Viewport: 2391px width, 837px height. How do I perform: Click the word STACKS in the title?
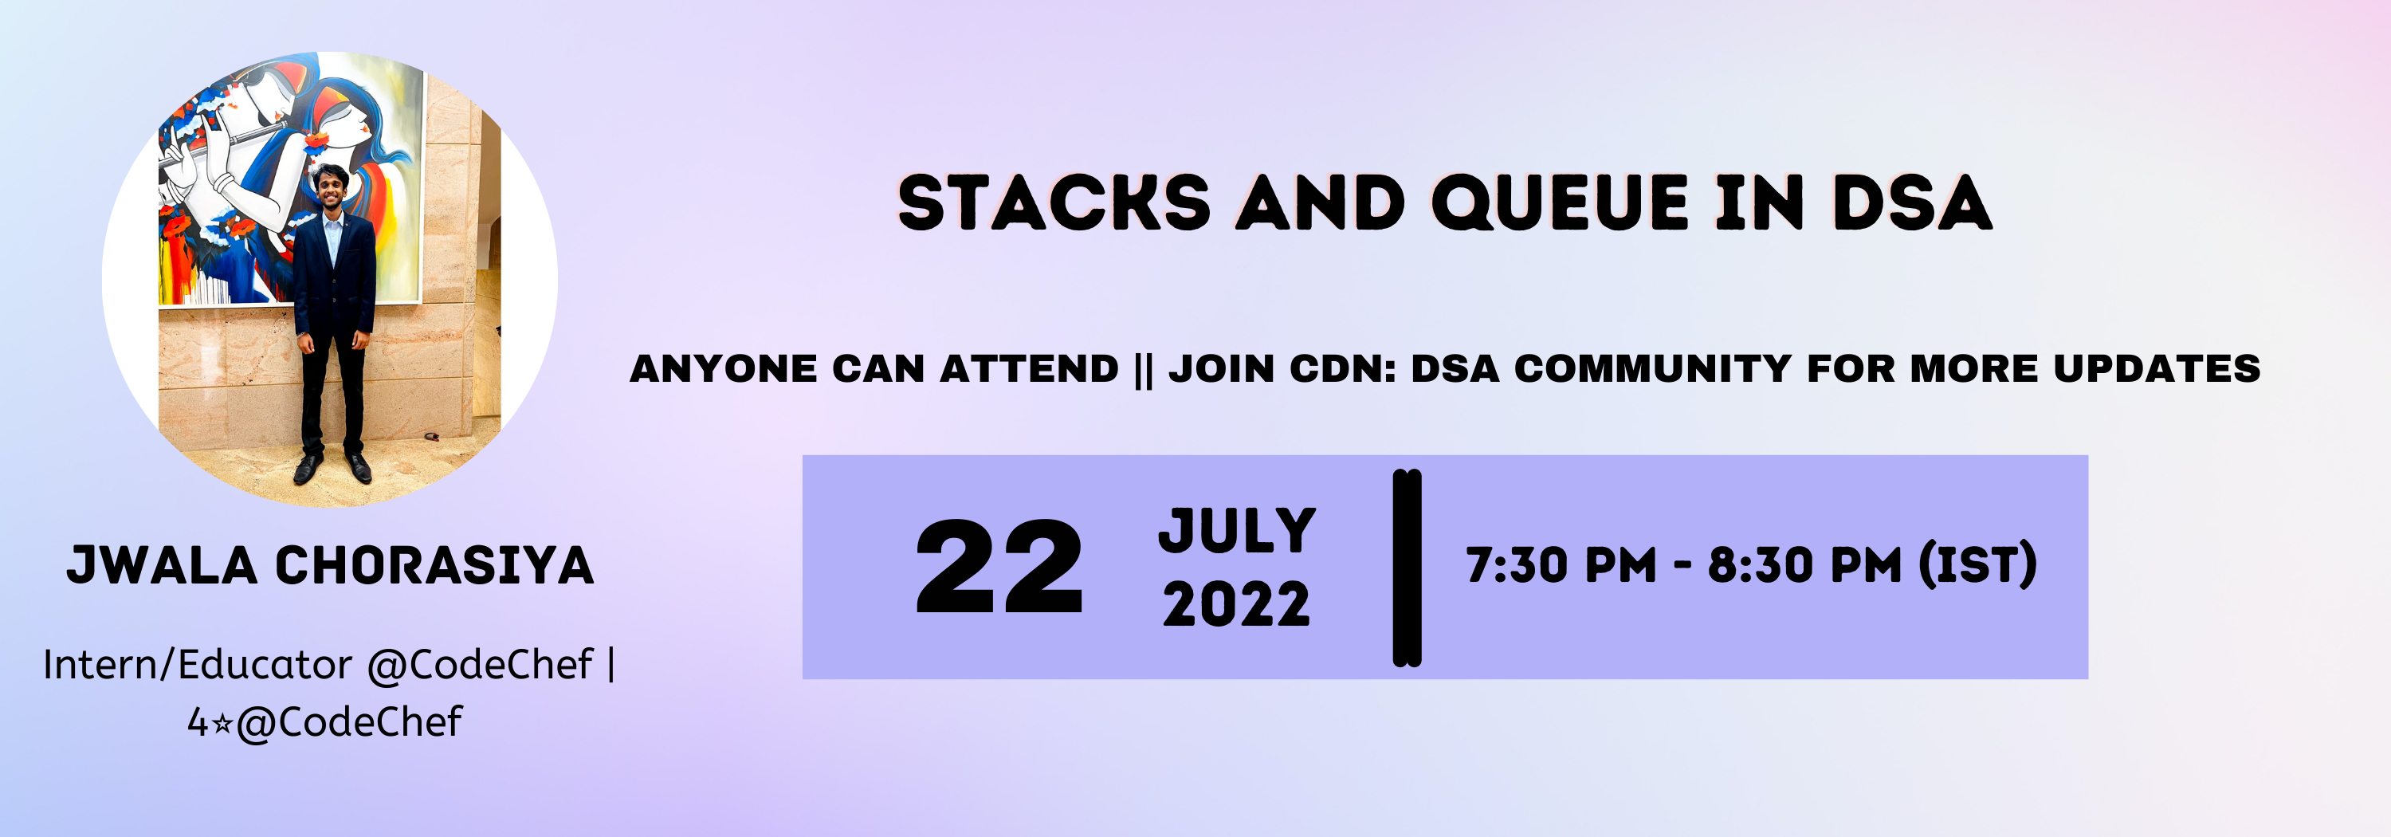[x=1054, y=202]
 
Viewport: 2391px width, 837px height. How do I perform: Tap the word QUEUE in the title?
[x=1560, y=202]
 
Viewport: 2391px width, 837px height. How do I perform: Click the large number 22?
[x=999, y=567]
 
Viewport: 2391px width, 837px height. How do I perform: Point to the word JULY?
[x=1237, y=531]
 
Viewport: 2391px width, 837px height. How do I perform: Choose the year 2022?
[x=1236, y=605]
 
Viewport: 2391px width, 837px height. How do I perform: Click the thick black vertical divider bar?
[x=1408, y=568]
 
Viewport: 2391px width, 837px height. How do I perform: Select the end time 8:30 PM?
[x=1805, y=565]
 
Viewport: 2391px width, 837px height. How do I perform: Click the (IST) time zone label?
[x=1978, y=565]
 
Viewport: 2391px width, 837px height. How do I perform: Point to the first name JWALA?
[x=163, y=565]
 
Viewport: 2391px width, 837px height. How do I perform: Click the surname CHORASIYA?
[x=434, y=565]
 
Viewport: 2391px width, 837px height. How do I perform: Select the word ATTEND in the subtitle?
[x=1030, y=368]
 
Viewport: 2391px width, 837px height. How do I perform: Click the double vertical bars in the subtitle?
[x=1144, y=369]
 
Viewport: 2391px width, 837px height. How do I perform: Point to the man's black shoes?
[x=332, y=467]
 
